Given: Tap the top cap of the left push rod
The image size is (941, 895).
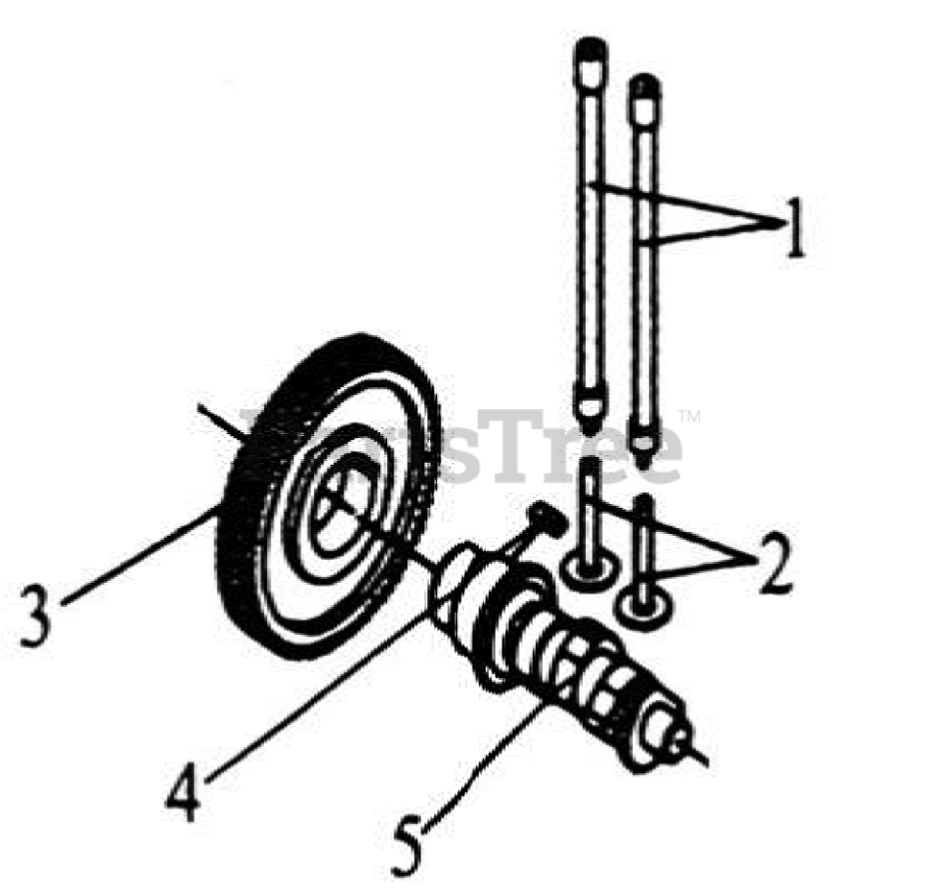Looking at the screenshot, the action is (x=590, y=52).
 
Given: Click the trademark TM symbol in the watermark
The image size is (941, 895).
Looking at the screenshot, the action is (x=689, y=417).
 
